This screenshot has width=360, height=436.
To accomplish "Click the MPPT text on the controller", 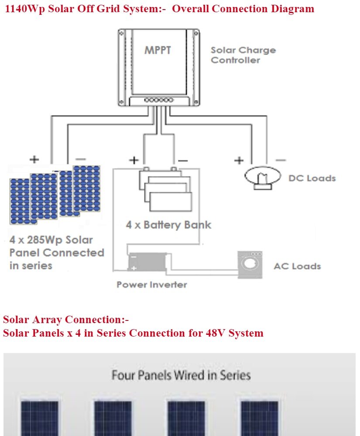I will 158,50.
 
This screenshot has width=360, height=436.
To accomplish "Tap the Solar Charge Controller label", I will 243,55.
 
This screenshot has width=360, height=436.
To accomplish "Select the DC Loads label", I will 312,178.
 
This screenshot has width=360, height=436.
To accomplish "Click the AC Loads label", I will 297,266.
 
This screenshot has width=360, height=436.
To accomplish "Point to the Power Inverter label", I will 151,285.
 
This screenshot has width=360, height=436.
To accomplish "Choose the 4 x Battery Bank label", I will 168,225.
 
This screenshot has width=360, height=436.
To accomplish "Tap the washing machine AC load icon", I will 250,264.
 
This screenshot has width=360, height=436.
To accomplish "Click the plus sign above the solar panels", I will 34,159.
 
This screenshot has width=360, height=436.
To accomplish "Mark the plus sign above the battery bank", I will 134,160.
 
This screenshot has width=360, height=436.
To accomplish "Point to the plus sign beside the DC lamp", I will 238,160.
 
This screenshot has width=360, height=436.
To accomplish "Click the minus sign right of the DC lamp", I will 281,160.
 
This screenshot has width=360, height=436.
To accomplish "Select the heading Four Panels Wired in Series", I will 181,375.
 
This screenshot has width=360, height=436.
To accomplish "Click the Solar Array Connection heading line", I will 66,320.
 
